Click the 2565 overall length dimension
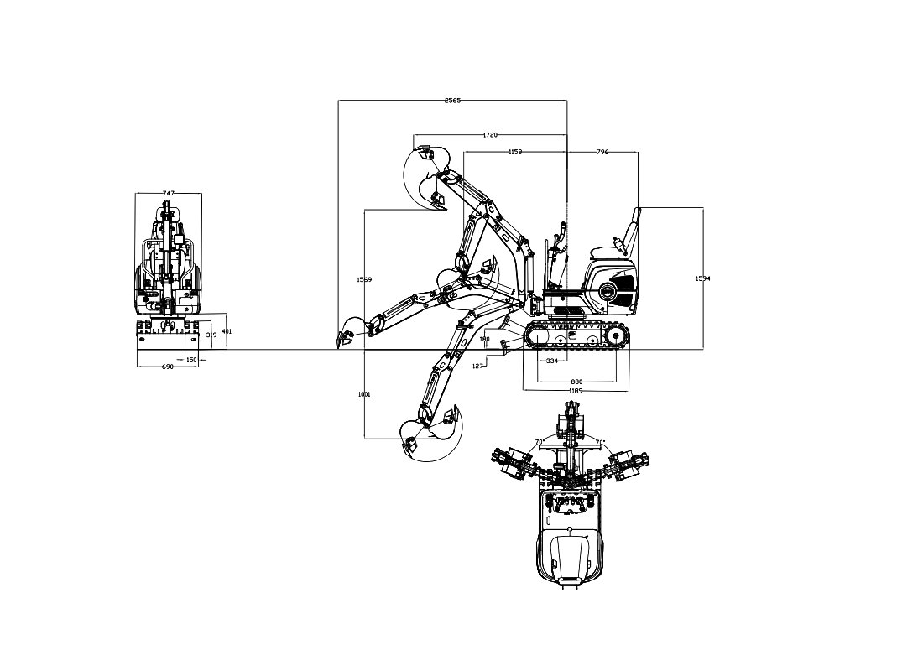point(452,101)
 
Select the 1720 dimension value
point(490,134)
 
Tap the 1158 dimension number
point(515,152)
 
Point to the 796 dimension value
point(602,152)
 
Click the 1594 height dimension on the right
point(703,278)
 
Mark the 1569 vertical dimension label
point(364,279)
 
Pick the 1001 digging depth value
point(364,393)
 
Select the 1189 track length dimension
point(576,391)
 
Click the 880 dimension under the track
point(576,382)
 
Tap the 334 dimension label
point(552,361)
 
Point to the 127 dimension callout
point(477,366)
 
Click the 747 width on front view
point(168,193)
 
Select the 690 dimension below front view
point(167,367)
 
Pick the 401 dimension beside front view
point(227,331)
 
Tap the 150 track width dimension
point(191,360)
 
